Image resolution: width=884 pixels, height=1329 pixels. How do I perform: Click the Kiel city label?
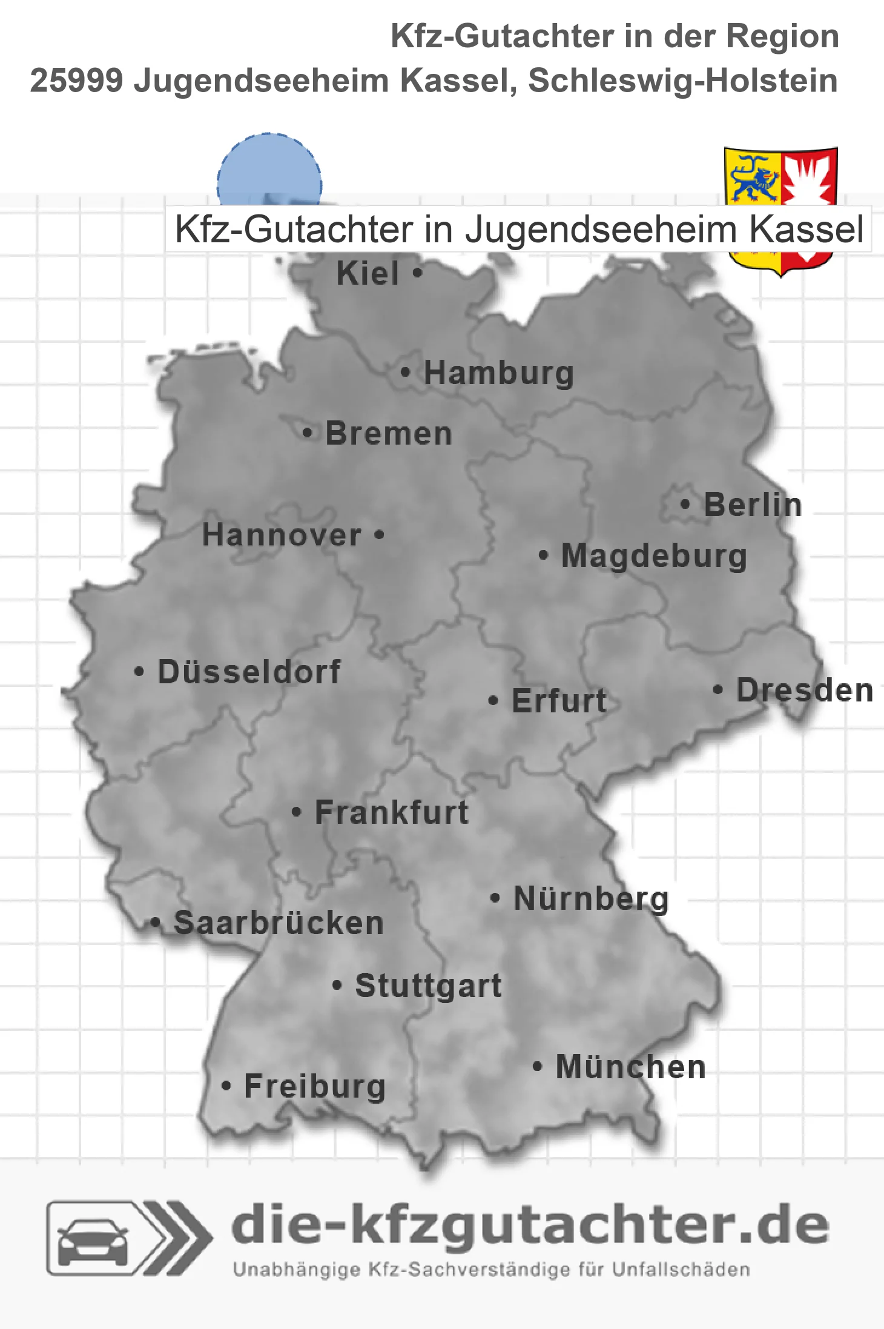point(368,273)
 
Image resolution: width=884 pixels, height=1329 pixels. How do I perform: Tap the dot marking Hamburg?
point(405,373)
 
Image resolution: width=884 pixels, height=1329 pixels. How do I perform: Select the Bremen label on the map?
point(389,434)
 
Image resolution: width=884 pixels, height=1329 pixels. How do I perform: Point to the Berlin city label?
point(753,505)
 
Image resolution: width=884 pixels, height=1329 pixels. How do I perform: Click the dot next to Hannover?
point(380,534)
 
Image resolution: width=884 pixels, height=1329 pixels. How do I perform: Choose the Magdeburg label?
point(654,556)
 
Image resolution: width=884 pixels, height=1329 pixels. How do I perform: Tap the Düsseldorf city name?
point(249,672)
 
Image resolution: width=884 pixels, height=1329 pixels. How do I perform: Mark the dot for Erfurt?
point(493,701)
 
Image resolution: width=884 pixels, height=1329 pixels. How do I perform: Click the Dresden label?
point(805,690)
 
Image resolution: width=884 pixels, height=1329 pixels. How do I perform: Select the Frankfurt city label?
point(392,812)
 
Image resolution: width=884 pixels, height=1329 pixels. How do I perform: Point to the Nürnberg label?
point(591,898)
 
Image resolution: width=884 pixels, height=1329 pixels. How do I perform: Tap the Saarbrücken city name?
point(279,923)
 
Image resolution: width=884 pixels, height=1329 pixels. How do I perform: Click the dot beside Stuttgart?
point(337,986)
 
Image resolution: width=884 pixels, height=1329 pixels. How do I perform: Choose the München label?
point(631,1067)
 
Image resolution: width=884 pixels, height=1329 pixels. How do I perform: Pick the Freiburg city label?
point(315,1086)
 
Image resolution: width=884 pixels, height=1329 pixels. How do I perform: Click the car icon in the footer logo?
point(93,1240)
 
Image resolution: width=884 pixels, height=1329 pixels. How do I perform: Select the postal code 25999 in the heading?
point(76,81)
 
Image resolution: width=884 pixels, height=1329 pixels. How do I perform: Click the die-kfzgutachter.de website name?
point(530,1225)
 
